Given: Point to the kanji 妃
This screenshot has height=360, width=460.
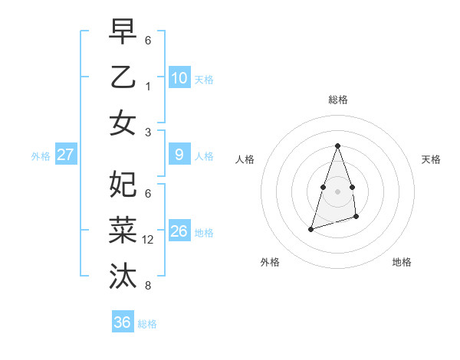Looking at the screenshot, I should coord(123,184).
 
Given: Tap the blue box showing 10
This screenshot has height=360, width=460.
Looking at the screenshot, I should coord(179,77).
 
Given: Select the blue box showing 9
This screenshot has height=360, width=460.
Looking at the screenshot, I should coord(179,155).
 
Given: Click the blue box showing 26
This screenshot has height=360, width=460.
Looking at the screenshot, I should coord(179,231).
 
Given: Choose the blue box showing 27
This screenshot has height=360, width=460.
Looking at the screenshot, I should coord(65,155).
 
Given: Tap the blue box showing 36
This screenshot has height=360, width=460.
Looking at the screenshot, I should coord(122,322).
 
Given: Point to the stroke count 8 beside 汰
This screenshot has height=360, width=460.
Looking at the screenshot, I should coord(148,286).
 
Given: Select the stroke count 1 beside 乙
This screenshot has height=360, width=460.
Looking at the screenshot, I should coord(148,87).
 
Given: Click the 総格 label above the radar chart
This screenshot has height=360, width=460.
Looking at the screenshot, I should coord(337,100).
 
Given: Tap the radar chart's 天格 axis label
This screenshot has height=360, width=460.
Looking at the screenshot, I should coord(431,159).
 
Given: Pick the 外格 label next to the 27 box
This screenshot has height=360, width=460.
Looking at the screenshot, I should coord(41,155).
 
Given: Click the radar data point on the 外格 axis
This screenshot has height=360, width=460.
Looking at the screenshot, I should coord(310,229).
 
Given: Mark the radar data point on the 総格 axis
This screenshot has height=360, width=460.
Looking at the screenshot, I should coord(337,146).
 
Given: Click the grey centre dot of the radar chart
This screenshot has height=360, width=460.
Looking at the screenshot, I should coord(337,191).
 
